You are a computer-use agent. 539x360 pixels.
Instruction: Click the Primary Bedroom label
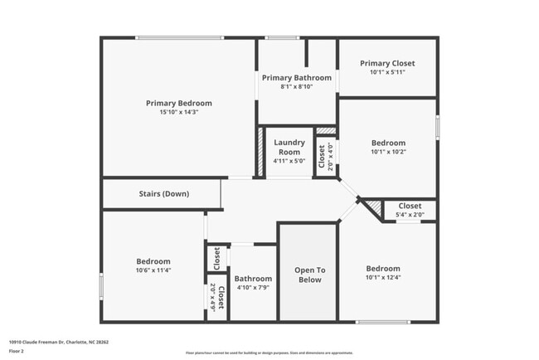[x=179, y=104]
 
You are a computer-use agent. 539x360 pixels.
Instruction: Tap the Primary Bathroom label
[x=297, y=78]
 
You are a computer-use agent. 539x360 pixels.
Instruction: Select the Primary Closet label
[x=387, y=63]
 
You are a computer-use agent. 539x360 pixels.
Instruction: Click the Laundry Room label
[x=289, y=147]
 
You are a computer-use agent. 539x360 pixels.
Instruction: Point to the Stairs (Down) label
[x=163, y=194]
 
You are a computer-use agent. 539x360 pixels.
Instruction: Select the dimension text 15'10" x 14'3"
[x=179, y=113]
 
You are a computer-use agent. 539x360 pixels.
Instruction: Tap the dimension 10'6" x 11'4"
[x=153, y=270]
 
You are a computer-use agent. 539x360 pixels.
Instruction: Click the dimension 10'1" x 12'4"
[x=383, y=278]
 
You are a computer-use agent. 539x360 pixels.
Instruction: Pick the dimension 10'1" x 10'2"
[x=388, y=152]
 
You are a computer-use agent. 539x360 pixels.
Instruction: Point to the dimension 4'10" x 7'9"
[x=253, y=288]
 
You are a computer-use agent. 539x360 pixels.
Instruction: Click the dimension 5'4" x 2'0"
[x=410, y=215]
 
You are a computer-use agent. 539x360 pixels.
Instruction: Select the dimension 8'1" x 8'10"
[x=297, y=87]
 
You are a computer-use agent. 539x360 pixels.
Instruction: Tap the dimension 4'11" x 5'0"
[x=289, y=161]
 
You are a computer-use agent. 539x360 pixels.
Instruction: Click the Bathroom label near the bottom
[x=253, y=279]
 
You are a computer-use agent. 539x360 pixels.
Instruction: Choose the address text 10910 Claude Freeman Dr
[x=59, y=341]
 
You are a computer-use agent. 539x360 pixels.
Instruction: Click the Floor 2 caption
[x=17, y=351]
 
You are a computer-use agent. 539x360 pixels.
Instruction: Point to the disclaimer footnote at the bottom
[x=269, y=353]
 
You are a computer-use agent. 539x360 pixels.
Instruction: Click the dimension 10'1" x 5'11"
[x=387, y=72]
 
